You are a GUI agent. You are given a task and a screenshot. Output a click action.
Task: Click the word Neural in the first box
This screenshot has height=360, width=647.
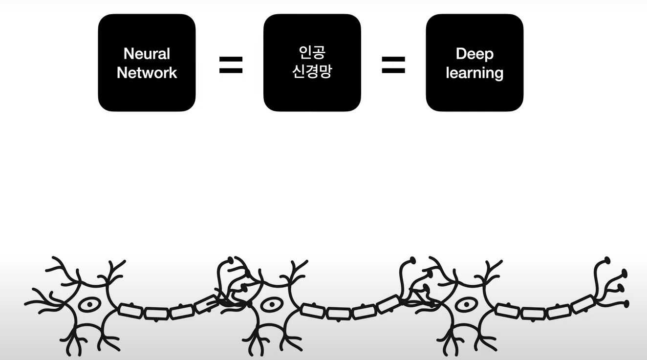(x=147, y=54)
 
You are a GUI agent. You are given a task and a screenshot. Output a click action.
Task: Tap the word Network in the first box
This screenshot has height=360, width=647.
(x=147, y=73)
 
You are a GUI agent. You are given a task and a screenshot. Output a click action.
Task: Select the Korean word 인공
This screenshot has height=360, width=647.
(x=312, y=53)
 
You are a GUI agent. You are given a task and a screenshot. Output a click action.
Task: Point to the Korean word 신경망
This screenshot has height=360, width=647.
(x=312, y=72)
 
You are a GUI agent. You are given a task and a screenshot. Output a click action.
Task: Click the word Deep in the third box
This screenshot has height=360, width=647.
(x=474, y=54)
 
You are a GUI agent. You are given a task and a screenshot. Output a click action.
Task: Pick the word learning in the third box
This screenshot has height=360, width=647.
(x=474, y=73)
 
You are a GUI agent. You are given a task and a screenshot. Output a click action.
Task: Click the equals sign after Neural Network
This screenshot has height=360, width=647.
(x=231, y=64)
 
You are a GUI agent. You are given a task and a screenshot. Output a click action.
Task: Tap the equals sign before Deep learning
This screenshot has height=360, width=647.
(x=393, y=64)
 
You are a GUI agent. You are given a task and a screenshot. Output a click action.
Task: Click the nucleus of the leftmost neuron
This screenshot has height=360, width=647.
(x=89, y=305)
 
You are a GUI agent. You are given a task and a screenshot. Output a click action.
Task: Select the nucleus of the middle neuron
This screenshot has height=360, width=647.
(x=269, y=305)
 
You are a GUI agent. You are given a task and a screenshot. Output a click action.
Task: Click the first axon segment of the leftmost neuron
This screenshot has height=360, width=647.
(x=131, y=310)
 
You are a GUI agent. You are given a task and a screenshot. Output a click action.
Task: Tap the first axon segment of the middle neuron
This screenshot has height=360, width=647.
(x=313, y=310)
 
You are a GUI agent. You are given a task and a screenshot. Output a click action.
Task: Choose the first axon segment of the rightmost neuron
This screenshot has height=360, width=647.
(x=507, y=310)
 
